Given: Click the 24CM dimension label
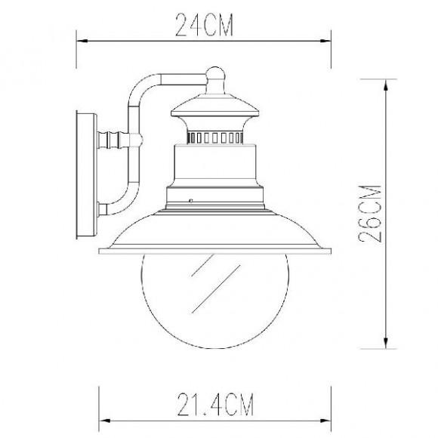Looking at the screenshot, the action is click(204, 25).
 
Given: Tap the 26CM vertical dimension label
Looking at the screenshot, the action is click(369, 214).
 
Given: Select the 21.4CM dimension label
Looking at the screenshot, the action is click(215, 405).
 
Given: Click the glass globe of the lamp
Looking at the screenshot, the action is click(215, 301).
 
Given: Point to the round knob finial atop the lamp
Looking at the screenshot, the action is click(215, 74).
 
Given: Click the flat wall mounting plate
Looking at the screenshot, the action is click(87, 174).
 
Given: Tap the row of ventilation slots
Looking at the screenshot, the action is click(214, 138).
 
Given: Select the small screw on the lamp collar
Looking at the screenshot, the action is click(191, 200).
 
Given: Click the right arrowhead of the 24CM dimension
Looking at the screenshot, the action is click(325, 41).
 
